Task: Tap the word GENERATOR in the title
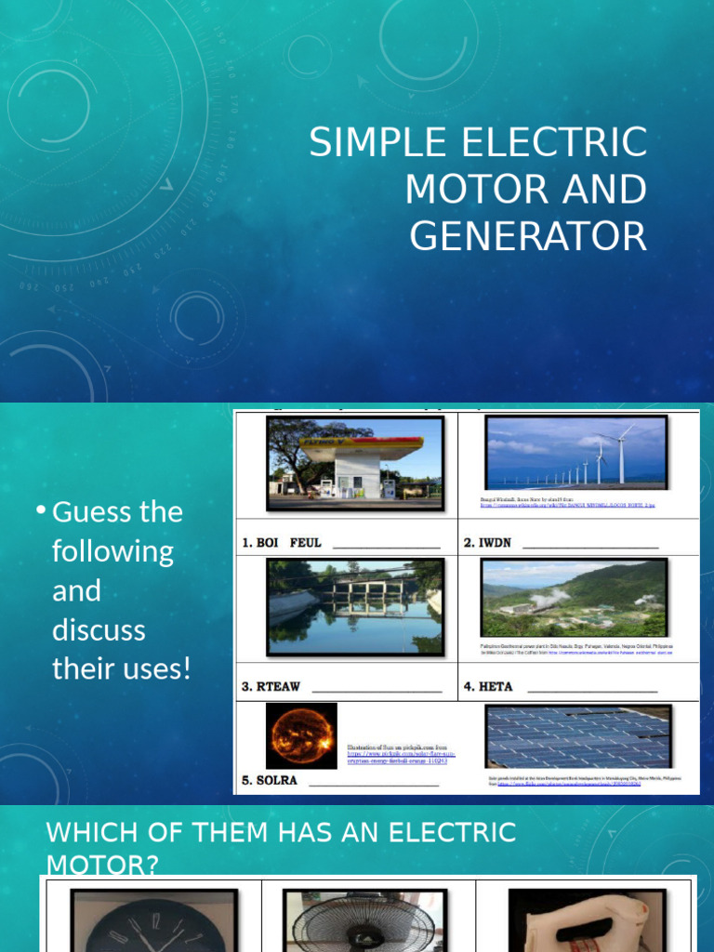[528, 236]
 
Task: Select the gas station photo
[354, 462]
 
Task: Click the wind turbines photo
[575, 452]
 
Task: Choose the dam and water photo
[354, 607]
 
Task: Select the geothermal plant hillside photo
[574, 598]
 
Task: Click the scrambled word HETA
[489, 687]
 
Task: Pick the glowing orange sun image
[301, 734]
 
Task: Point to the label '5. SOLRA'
[270, 780]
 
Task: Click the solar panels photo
[577, 736]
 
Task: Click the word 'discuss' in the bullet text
[99, 629]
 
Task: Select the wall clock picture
[154, 919]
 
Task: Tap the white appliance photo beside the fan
[587, 919]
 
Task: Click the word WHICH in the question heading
[86, 832]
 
